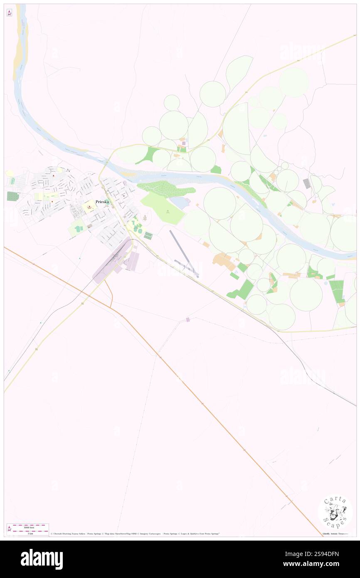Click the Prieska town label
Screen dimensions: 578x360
point(102,202)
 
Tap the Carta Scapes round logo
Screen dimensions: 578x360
point(335,512)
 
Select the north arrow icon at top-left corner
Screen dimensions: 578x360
point(10,13)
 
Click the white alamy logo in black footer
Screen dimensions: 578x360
point(42,559)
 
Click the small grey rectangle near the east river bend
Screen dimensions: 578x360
point(307,183)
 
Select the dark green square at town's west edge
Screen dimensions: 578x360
point(13,196)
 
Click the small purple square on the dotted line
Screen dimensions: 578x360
point(188,319)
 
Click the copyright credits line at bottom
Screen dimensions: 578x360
point(135,534)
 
